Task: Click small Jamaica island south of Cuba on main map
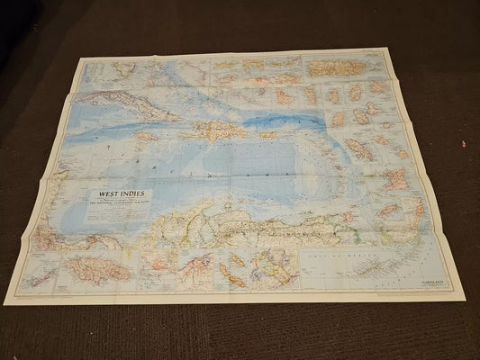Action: (x=148, y=137)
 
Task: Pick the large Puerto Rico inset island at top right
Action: (x=335, y=67)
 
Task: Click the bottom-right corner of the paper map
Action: (x=465, y=300)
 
